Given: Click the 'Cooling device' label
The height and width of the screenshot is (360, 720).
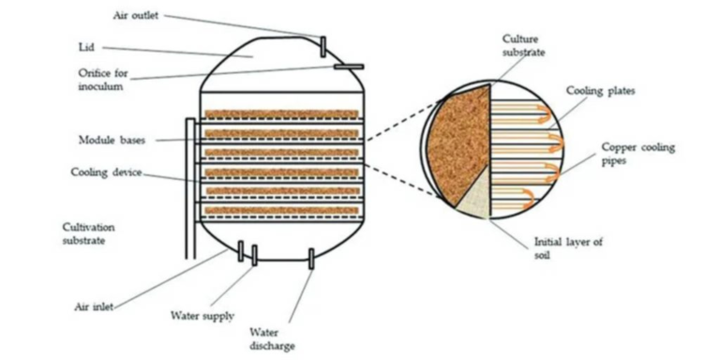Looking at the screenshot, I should click(x=106, y=172).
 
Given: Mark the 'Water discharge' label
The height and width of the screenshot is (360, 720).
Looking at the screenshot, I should click(x=273, y=338).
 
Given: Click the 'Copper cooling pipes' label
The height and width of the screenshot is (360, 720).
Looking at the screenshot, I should click(x=637, y=154).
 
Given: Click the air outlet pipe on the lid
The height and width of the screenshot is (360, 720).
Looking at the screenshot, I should click(x=323, y=46).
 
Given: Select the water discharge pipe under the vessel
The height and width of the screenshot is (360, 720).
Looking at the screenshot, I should click(x=311, y=259).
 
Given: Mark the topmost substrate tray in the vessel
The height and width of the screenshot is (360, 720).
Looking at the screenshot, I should click(x=281, y=115).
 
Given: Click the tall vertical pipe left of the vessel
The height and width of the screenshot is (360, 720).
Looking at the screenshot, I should click(x=190, y=187).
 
